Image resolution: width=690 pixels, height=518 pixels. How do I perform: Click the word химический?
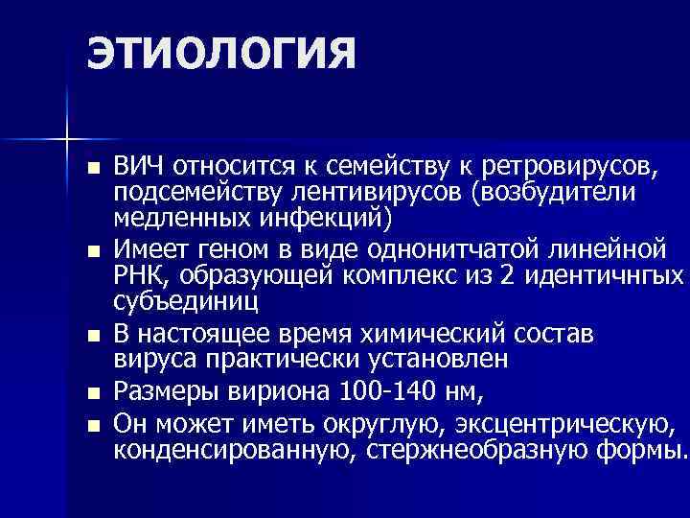(442, 336)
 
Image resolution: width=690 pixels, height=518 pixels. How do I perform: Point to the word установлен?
(434, 360)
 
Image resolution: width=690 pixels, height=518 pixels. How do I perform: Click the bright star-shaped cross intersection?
(68, 140)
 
